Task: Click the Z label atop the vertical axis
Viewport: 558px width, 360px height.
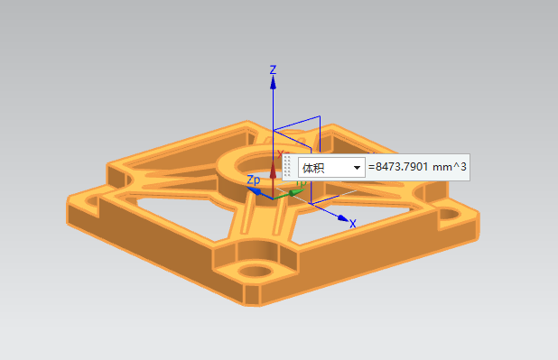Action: click(273, 69)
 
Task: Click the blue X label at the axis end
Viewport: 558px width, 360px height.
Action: click(353, 224)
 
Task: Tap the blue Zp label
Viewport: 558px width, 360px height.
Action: click(254, 180)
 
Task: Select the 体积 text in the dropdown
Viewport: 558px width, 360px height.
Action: click(313, 168)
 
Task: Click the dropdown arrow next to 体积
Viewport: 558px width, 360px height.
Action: click(357, 168)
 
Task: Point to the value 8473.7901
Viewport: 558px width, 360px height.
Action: click(402, 167)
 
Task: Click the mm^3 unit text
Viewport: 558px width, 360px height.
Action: click(450, 167)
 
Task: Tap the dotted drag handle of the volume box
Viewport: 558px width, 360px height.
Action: click(287, 167)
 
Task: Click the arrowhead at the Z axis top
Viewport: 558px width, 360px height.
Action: click(273, 82)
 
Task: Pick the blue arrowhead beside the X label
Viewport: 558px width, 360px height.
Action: click(343, 218)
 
